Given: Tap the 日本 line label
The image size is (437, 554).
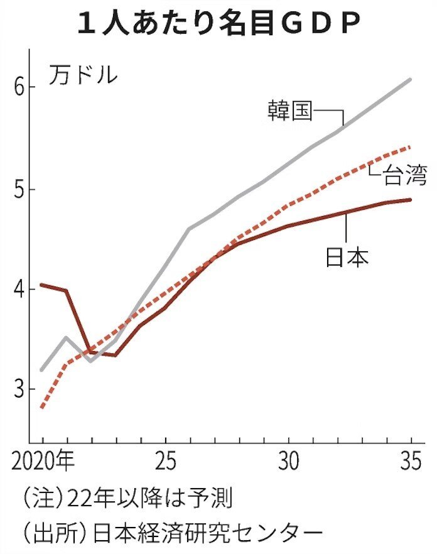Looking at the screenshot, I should pos(347,256).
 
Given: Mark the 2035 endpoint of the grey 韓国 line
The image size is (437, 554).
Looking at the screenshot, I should pos(411,79).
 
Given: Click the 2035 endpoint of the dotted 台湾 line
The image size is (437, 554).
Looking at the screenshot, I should pos(411,146).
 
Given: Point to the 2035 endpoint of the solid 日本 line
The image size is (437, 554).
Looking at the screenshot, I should pos(411,200).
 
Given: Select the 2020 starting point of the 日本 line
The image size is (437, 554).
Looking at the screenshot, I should pos(41,285).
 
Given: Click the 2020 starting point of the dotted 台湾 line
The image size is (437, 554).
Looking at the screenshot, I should pos(41,408).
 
